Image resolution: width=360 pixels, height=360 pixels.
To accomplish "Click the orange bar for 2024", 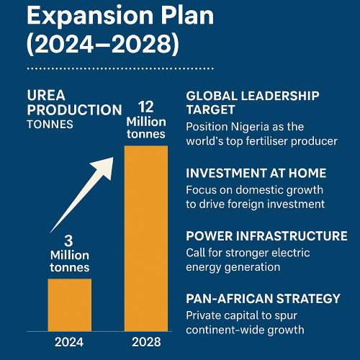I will (69, 303).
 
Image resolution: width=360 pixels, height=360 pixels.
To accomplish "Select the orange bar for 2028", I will (146, 238).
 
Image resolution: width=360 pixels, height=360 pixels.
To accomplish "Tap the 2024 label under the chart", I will (69, 341).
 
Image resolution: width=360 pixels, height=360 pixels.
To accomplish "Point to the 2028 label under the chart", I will (146, 341).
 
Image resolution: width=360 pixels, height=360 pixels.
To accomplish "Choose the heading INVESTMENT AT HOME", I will (256, 174).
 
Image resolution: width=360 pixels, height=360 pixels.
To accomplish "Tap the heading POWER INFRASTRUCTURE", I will (266, 236).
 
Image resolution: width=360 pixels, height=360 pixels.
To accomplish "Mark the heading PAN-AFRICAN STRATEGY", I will (263, 298).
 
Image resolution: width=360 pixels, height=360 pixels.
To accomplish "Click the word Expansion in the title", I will (79, 15).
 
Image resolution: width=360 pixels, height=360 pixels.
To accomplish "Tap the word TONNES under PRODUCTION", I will (51, 124).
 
